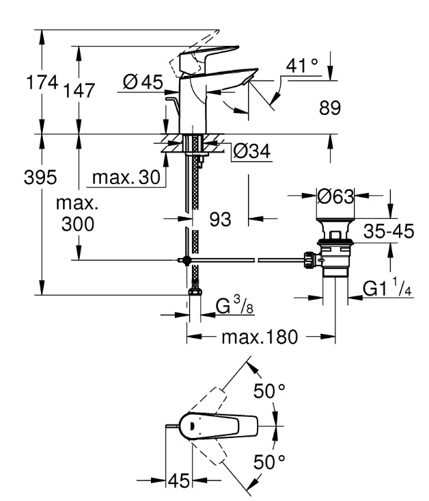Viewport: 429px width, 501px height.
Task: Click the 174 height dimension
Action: (x=42, y=82)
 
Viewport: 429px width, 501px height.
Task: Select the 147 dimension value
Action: (x=79, y=90)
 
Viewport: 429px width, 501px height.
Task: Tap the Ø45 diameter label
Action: (x=143, y=82)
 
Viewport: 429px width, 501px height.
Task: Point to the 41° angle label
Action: (x=302, y=66)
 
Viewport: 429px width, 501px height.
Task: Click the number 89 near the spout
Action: (x=330, y=107)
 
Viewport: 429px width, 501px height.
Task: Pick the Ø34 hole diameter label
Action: (x=252, y=151)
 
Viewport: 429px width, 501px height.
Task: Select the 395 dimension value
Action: (x=40, y=177)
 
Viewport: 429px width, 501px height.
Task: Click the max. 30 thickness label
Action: (x=126, y=177)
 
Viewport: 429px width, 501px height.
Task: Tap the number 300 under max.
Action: (x=78, y=224)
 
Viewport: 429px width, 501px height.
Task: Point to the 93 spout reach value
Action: (x=220, y=219)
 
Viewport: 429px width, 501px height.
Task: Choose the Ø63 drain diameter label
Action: (x=335, y=196)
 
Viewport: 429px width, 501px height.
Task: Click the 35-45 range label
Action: (x=389, y=231)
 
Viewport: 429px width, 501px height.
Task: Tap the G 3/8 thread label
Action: (x=234, y=305)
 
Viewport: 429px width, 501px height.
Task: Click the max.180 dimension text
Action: (x=260, y=337)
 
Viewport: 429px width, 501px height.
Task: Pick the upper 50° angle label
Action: (x=269, y=391)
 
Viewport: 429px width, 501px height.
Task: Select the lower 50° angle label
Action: (x=269, y=462)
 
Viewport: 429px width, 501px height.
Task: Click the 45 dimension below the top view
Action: (x=179, y=480)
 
